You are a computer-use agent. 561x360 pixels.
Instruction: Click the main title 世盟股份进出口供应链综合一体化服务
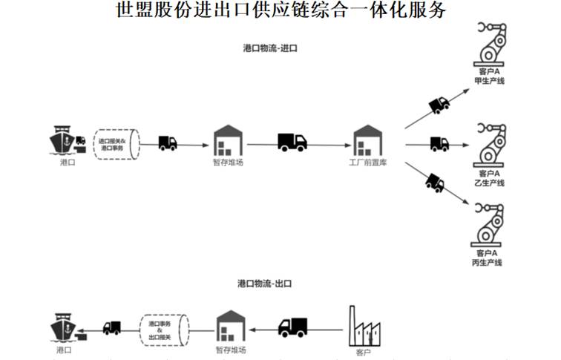pyautogui.click(x=281, y=11)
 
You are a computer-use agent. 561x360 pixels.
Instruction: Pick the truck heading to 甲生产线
pyautogui.click(x=439, y=104)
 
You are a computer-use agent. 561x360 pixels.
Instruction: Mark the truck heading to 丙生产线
pyautogui.click(x=434, y=181)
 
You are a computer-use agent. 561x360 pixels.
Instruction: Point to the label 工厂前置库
pyautogui.click(x=367, y=161)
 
